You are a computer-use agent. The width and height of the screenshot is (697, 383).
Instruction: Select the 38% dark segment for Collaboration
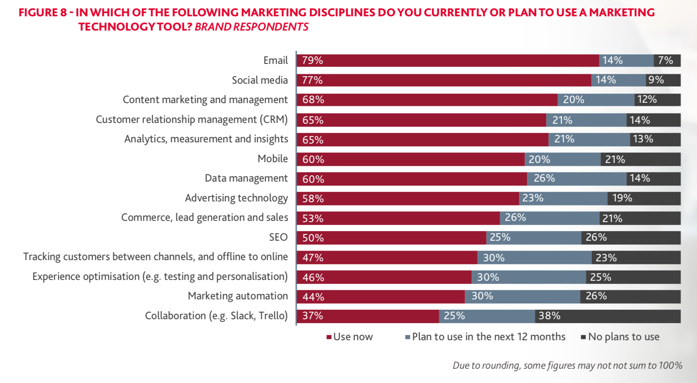coord(607,316)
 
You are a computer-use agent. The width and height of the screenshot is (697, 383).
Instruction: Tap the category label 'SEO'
coord(278,237)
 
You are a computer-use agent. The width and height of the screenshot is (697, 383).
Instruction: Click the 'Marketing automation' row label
coord(237,296)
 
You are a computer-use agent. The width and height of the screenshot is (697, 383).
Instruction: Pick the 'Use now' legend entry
coord(349,337)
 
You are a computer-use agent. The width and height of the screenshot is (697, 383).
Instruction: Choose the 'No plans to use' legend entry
coord(620,337)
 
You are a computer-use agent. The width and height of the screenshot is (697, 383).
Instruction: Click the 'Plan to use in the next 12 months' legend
coord(485,337)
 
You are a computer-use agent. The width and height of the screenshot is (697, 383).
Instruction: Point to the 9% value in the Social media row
coord(656,80)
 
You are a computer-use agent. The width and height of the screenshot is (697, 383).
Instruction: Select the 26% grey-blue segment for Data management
coord(576,179)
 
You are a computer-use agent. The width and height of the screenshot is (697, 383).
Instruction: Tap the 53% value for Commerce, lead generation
coord(313,218)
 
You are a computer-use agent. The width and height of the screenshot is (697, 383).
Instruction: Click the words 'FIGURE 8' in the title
coord(43,13)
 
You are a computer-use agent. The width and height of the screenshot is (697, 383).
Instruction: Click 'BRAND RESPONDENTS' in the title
coord(251,27)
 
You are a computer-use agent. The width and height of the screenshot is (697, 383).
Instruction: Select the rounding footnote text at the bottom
coord(567,365)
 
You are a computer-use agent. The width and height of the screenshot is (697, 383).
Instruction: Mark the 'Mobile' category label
coord(272,159)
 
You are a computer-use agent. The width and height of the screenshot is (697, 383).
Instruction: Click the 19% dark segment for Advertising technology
coord(644,198)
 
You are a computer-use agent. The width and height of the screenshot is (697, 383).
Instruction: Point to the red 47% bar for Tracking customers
coord(387,258)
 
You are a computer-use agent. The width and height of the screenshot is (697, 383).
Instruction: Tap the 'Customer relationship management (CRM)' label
coord(191,120)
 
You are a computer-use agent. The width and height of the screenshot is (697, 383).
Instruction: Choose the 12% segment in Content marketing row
coord(657,100)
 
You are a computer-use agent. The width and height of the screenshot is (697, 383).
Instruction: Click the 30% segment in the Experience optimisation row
coord(528,277)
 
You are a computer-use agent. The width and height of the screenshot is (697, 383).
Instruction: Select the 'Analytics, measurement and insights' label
coord(206,139)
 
